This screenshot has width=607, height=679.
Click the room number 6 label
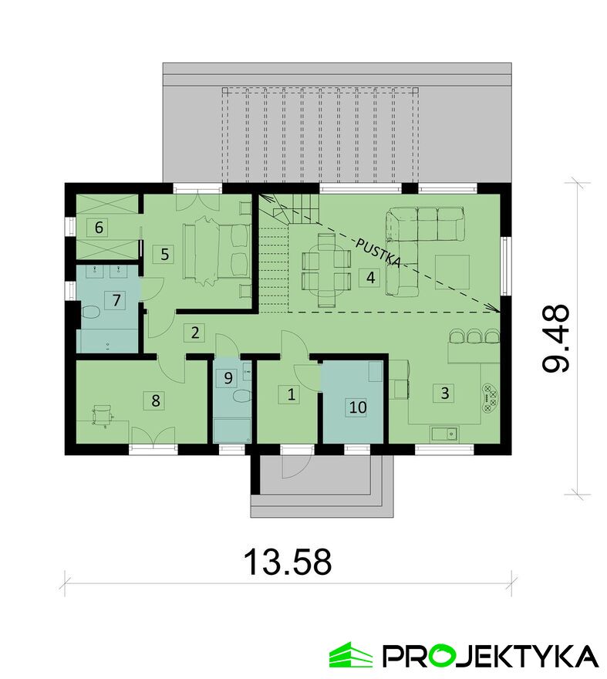[x=99, y=227]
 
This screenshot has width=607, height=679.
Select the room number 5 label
[x=164, y=254]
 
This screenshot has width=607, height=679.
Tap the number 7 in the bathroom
[x=116, y=299]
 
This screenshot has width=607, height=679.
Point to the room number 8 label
[x=156, y=400]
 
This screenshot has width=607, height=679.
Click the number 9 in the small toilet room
[x=228, y=377]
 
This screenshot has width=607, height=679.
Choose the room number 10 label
[x=358, y=407]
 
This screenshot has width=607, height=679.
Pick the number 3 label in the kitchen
[x=444, y=393]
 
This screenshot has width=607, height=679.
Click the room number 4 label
[x=370, y=277]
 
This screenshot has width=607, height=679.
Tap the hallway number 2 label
[x=194, y=333]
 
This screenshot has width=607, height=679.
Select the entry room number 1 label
[x=292, y=394]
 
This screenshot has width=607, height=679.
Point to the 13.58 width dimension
[x=288, y=562]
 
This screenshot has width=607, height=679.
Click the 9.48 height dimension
[x=555, y=338]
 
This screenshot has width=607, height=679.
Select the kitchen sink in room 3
[x=444, y=432]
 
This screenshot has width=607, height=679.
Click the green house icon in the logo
[x=350, y=654]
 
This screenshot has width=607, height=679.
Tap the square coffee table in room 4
[x=453, y=272]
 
